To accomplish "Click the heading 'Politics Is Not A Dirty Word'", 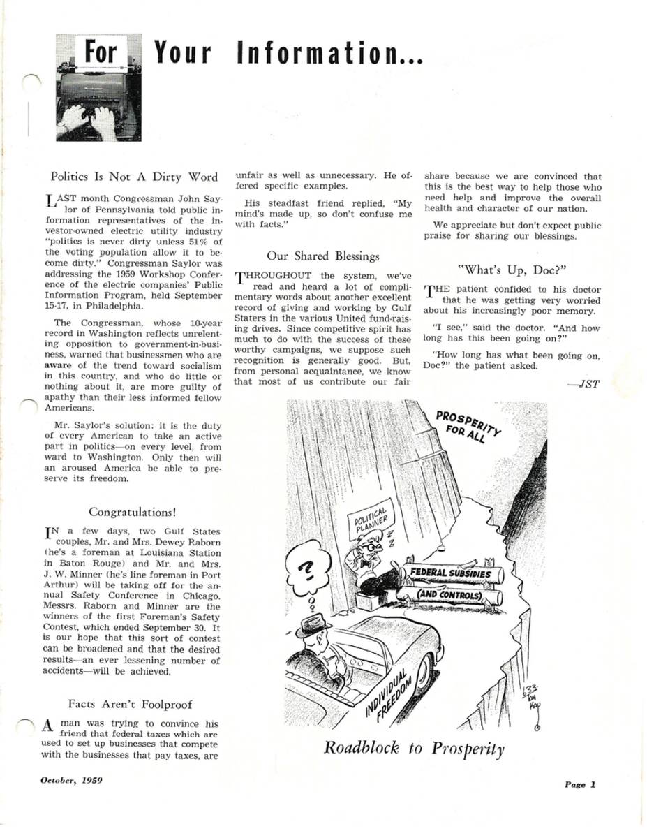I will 135,177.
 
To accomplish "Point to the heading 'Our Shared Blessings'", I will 323,256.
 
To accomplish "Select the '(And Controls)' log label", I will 449,595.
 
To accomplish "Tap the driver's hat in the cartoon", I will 315,624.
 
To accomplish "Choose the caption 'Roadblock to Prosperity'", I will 414,748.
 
